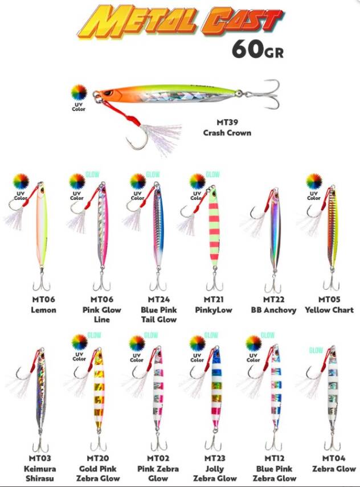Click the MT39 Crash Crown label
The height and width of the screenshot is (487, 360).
tap(227, 128)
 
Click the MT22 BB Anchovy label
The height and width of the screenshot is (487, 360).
tap(273, 305)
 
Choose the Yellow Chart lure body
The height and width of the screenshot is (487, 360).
tap(331, 231)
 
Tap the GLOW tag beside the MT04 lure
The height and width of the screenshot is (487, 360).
tap(316, 351)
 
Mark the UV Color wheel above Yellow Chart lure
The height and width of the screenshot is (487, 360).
tap(314, 182)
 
